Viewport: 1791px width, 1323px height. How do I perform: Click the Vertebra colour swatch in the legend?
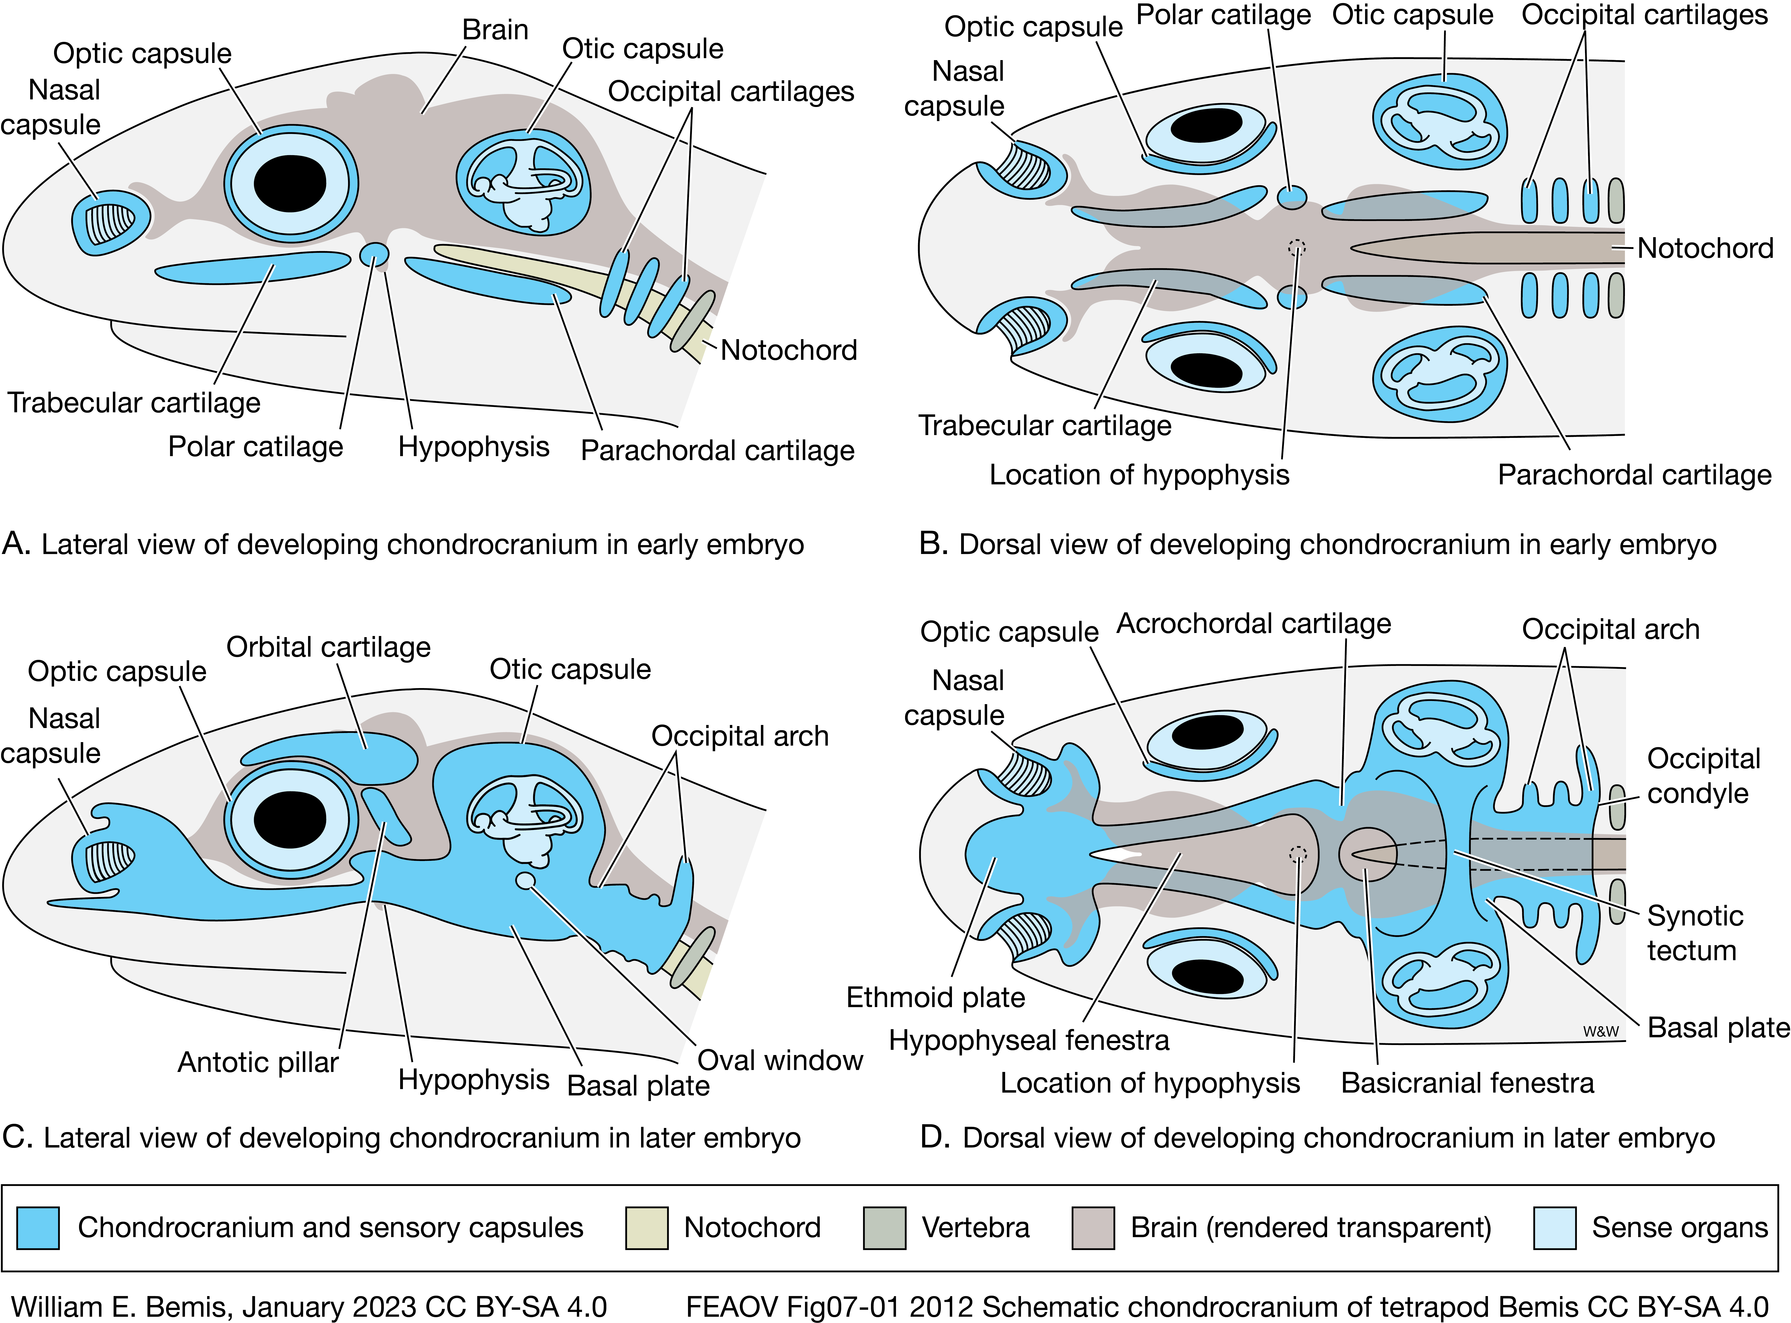pyautogui.click(x=884, y=1228)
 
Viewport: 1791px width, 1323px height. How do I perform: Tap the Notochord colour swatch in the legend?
pyautogui.click(x=646, y=1228)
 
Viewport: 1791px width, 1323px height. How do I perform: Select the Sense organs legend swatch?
pyautogui.click(x=1554, y=1228)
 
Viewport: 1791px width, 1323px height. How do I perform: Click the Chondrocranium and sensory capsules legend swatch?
pyautogui.click(x=38, y=1228)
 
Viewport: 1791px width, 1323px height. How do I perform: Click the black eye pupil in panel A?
pyautogui.click(x=290, y=183)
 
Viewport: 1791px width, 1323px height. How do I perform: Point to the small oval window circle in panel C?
pyautogui.click(x=525, y=880)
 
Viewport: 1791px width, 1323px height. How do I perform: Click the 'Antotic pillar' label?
pyautogui.click(x=258, y=1062)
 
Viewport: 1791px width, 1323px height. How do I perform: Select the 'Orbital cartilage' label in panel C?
pyautogui.click(x=328, y=647)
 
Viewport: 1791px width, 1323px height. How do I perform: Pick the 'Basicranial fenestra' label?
pyautogui.click(x=1467, y=1083)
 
